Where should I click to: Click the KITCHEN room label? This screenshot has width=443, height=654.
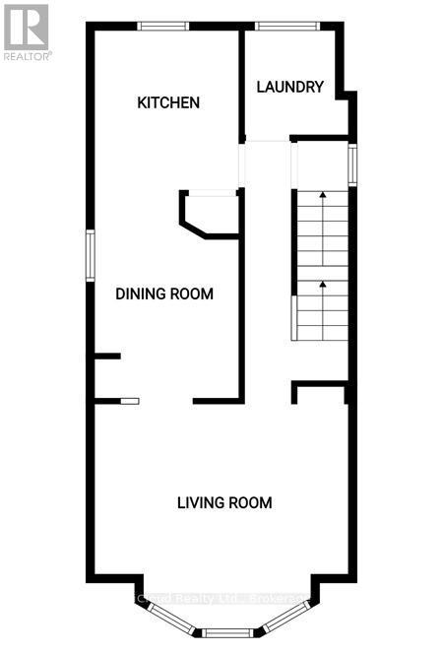click(x=168, y=102)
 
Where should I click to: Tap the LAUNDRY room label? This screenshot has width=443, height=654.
click(x=289, y=87)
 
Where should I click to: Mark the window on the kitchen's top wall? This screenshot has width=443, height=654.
click(x=162, y=27)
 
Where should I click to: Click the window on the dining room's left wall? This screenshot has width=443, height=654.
click(x=90, y=256)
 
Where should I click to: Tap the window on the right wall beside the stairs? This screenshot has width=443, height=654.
click(x=352, y=165)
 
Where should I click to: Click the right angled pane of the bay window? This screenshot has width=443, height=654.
click(x=285, y=620)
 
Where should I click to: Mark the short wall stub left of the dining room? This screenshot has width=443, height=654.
click(x=106, y=356)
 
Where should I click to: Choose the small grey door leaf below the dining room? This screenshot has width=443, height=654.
click(x=130, y=400)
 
